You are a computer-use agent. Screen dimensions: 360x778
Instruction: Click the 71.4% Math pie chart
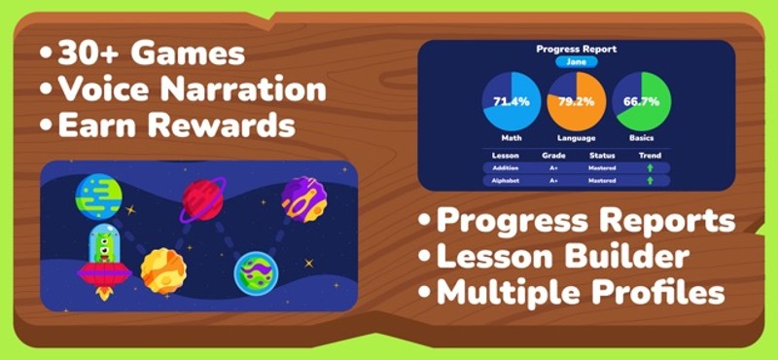[512, 102]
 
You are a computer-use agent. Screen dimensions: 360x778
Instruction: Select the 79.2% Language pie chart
[576, 102]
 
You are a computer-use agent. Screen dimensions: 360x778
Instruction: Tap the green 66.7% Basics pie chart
[641, 102]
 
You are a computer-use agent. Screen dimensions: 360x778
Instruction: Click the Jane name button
[576, 61]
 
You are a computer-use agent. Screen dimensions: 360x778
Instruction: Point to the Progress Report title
[576, 48]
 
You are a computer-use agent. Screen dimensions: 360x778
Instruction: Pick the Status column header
[603, 155]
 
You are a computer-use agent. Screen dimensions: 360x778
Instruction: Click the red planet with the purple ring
[203, 200]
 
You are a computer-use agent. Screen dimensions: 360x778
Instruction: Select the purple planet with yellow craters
[303, 198]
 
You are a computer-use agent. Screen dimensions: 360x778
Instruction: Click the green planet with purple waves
[257, 273]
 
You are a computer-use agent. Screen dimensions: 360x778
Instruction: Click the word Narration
[250, 89]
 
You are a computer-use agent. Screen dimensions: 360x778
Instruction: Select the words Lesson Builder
[563, 256]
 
